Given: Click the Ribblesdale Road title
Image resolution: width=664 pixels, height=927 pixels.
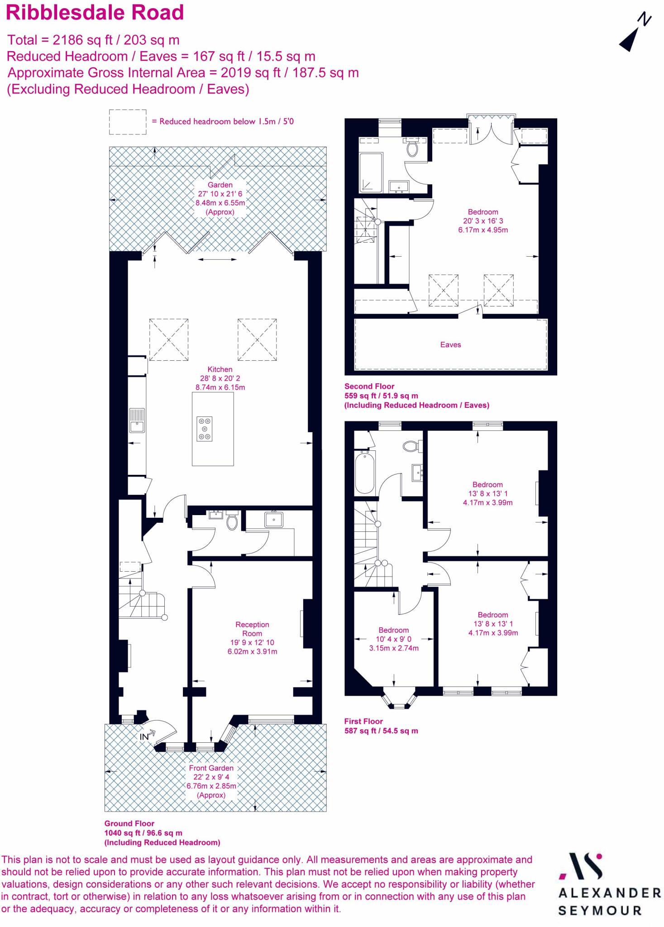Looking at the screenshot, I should click(x=95, y=13).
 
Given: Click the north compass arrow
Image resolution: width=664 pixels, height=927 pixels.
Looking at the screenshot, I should click(x=634, y=34).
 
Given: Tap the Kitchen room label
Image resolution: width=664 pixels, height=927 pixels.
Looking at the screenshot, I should click(x=220, y=369).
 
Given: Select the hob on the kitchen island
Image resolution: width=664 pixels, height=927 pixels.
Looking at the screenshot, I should click(x=205, y=429).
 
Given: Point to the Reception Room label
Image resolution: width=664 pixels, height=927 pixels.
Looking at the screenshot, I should click(x=252, y=629).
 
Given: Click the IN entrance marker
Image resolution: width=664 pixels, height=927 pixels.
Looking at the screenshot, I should click(x=145, y=736).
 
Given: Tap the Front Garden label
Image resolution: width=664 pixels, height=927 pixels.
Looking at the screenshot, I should click(x=211, y=768).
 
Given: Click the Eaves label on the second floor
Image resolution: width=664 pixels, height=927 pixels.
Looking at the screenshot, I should click(x=450, y=345).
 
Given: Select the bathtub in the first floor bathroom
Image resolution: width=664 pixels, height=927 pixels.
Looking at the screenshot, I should click(x=365, y=472).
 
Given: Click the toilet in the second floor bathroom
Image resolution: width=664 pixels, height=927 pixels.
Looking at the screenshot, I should click(x=412, y=148).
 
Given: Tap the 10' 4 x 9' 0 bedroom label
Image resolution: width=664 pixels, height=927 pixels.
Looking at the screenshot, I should click(x=394, y=639).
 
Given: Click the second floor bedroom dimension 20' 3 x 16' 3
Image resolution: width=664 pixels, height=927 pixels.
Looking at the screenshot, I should click(x=483, y=221).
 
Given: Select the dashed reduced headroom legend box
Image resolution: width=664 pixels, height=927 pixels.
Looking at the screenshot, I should click(x=128, y=122).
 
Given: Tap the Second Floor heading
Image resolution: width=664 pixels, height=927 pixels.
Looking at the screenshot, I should click(x=369, y=387).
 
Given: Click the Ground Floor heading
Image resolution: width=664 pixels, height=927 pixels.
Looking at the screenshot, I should click(x=129, y=823).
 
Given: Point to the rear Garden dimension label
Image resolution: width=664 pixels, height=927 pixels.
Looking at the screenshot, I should click(x=220, y=194).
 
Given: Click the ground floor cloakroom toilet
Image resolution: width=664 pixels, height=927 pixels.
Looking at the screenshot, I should click(x=232, y=522).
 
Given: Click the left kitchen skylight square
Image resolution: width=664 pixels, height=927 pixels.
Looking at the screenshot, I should click(x=169, y=339).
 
